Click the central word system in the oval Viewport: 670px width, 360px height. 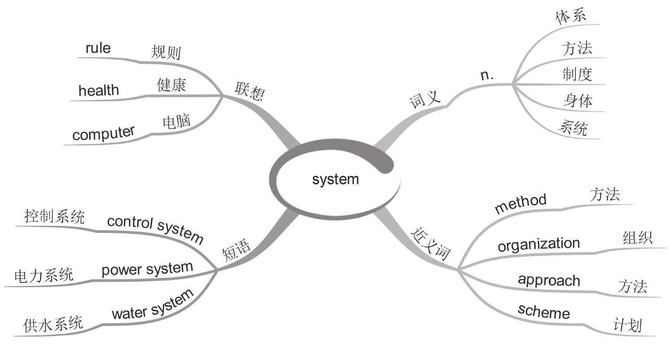pos(335,180)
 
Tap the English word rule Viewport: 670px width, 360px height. pos(98,48)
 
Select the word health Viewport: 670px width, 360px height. pos(99,91)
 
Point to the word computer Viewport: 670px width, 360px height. pos(103,133)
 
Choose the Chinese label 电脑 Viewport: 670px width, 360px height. pos(176,122)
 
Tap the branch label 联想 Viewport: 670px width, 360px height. pos(250,92)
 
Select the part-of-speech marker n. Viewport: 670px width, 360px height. pos(487,75)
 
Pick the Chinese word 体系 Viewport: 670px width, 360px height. pos(571,18)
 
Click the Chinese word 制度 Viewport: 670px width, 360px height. pos(577,74)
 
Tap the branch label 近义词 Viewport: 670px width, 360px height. pos(430,245)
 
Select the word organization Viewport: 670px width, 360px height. pos(538,245)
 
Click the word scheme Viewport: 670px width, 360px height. pos(543,311)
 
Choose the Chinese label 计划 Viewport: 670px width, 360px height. pos(628,325)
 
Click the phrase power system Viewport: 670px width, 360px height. pos(147,269)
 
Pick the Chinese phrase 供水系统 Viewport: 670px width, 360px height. pos(53,324)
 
